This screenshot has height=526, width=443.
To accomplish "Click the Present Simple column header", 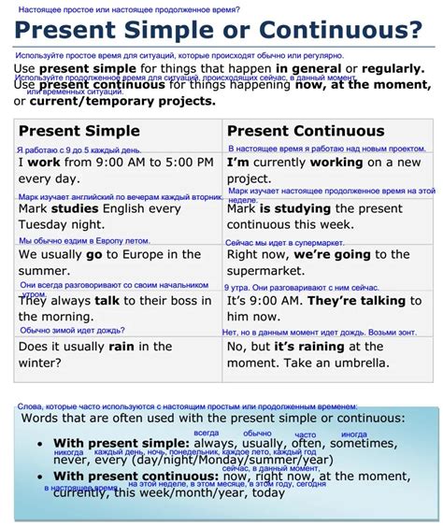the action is pyautogui.click(x=79, y=131).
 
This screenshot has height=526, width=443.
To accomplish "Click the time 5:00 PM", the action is pyautogui.click(x=177, y=163).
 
